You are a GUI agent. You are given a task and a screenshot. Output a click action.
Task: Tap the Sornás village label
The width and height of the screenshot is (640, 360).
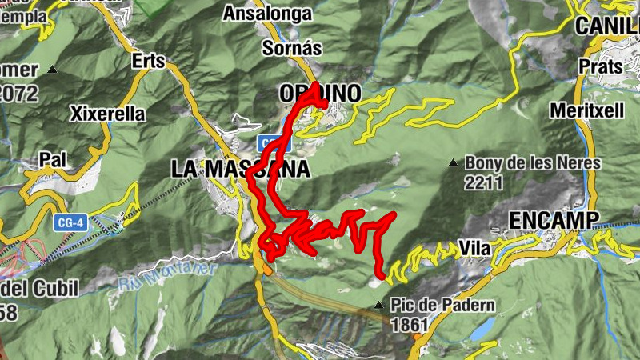tap(292, 48)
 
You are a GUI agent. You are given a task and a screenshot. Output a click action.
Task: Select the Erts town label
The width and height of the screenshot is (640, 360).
tap(149, 61)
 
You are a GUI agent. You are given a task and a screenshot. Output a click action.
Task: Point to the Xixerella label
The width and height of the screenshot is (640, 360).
tap(108, 114)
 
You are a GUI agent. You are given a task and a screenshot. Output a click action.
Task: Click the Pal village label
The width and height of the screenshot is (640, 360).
tap(52, 160)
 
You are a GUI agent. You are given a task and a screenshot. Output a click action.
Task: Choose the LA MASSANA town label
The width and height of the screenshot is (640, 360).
tap(240, 169)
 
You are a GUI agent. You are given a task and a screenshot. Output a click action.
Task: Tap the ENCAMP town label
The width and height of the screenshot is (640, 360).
tap(554, 219)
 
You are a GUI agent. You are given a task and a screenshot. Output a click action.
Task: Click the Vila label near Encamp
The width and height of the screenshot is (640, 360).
tap(475, 249)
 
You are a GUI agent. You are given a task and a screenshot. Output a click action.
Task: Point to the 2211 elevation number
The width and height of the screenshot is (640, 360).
tap(483, 182)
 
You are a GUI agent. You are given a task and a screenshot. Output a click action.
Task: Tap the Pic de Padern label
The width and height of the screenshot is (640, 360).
tap(443, 306)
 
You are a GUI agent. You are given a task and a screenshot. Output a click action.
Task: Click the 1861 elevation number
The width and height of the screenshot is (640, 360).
tap(410, 325)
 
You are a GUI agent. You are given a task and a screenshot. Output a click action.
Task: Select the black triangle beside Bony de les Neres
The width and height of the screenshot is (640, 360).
tap(454, 163)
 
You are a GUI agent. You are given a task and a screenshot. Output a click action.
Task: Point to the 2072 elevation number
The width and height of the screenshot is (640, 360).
tap(19, 94)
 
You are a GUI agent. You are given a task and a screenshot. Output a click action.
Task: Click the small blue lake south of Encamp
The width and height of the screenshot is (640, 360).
tap(481, 329)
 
